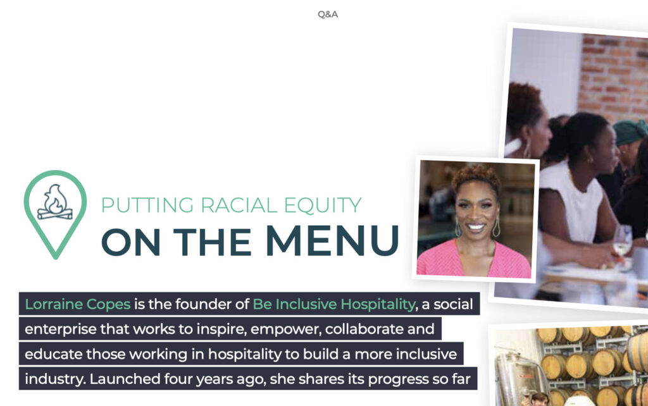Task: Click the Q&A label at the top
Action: point(328,15)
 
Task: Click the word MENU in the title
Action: point(332,240)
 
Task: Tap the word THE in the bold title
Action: point(212,241)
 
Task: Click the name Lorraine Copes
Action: point(78,304)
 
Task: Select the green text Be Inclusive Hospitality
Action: point(334,304)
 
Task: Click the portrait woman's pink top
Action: point(473,260)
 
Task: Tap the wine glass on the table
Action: point(622,243)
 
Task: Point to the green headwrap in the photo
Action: point(630,132)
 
